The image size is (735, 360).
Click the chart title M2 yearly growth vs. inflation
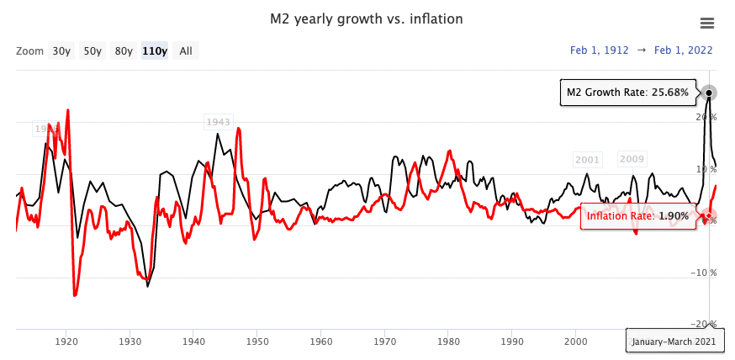[366, 19]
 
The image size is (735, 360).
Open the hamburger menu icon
[707, 24]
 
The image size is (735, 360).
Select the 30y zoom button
[61, 50]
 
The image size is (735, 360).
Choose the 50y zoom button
[92, 50]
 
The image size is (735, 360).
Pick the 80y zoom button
[124, 50]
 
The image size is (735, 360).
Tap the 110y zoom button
[155, 50]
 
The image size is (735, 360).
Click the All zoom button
[186, 50]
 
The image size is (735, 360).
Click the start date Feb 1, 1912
[600, 50]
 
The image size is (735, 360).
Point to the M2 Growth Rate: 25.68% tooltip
[628, 93]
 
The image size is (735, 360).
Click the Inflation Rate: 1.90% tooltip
[638, 216]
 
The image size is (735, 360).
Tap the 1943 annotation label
[218, 123]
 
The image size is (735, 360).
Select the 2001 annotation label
[587, 160]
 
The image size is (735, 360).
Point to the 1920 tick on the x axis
[66, 341]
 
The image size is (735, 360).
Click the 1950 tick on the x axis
[257, 341]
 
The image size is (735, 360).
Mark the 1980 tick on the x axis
[448, 341]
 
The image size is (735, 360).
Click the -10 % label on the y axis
[702, 273]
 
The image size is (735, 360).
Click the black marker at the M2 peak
[710, 93]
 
